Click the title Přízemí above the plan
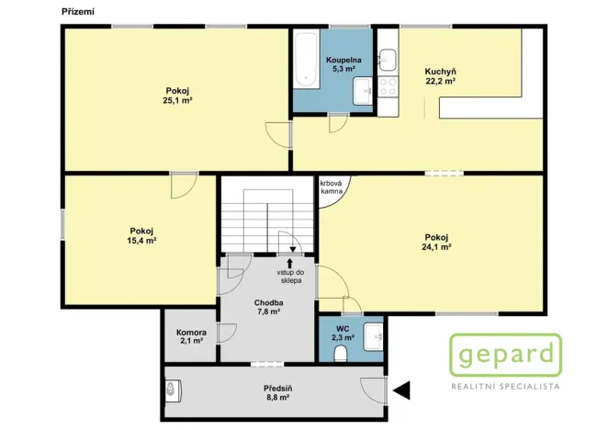tap(76, 10)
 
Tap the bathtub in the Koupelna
tap(304, 59)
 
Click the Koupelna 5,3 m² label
tap(343, 64)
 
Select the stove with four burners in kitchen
tap(388, 87)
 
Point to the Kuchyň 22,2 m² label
tap(441, 76)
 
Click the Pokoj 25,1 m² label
tap(177, 95)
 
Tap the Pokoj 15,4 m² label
tap(141, 235)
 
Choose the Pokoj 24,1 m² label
tap(436, 241)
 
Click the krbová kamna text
tap(332, 187)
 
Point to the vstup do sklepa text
tap(291, 277)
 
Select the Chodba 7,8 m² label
tap(267, 307)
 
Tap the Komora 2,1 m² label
tap(191, 337)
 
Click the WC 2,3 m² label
tap(341, 333)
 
